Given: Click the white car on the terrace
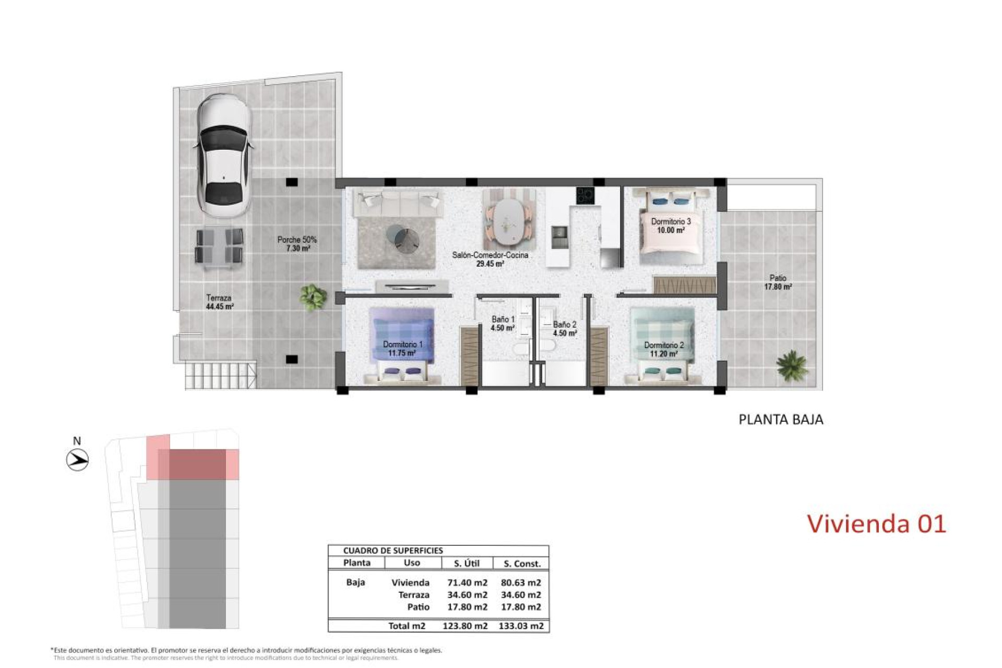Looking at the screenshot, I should [224, 156].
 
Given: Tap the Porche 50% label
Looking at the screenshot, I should [297, 244].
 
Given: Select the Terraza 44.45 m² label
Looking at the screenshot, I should [219, 302].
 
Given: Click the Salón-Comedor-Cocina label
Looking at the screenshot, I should [490, 259].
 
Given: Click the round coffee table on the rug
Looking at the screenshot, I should [403, 238].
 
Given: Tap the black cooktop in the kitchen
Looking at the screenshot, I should [584, 196].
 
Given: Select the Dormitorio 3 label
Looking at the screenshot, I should [671, 225].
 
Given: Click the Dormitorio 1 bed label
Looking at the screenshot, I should [402, 349].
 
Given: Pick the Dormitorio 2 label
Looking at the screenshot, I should [663, 349].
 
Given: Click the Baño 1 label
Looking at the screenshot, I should [503, 323].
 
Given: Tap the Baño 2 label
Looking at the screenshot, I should [565, 328].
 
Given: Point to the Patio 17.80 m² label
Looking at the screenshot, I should [778, 282].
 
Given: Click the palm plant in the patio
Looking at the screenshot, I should [792, 364].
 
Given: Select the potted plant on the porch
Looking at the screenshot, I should [313, 297].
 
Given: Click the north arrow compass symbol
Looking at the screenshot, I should [78, 460].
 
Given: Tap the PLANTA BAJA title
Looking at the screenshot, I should [781, 420].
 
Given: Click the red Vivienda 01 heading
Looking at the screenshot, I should [876, 523].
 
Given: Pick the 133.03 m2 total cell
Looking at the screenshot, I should [521, 626].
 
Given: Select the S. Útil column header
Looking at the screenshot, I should [467, 563].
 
